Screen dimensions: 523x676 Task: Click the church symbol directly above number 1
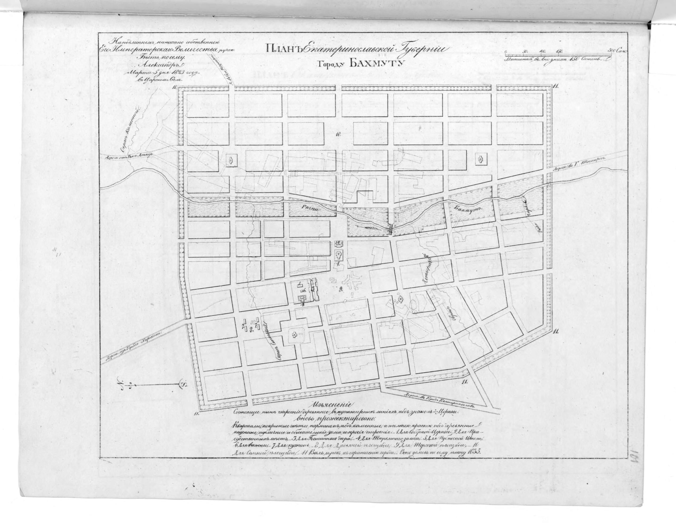339,256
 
